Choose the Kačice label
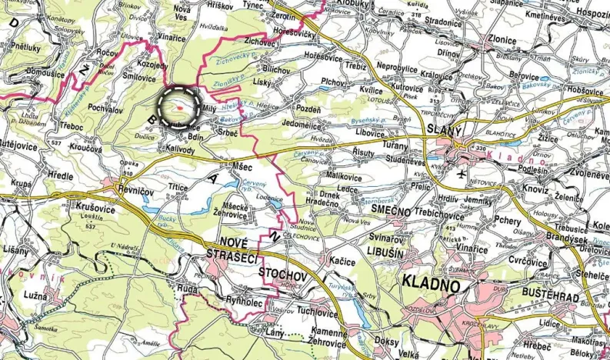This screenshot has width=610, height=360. pos(342,262)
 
